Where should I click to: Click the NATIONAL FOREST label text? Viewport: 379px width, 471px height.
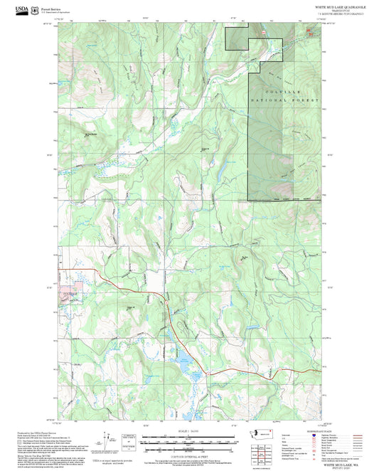tap(284, 102)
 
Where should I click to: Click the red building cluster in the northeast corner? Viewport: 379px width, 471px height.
tap(310, 31)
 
